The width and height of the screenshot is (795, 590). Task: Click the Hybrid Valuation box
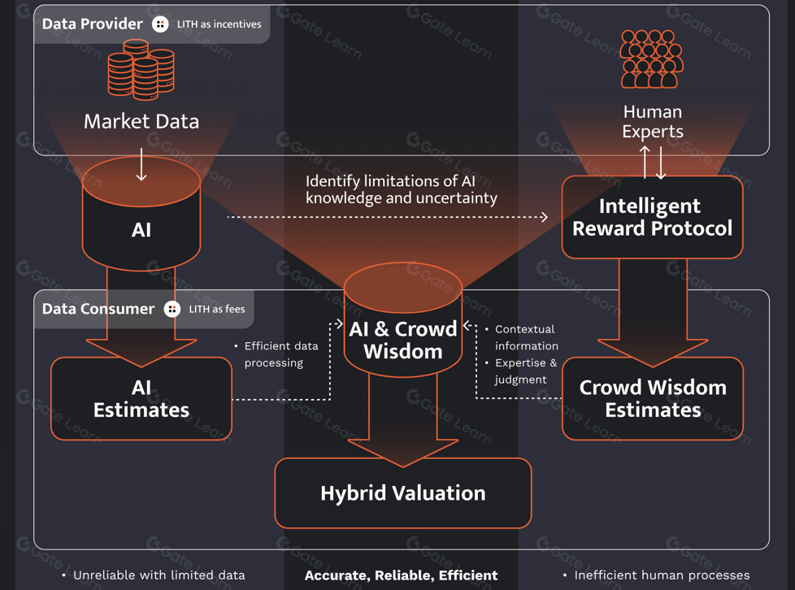pyautogui.click(x=403, y=493)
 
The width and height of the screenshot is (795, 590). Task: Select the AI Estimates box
pyautogui.click(x=141, y=398)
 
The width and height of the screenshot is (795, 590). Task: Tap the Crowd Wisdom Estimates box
pyautogui.click(x=652, y=398)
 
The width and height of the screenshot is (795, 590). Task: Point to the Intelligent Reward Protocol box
pyautogui.click(x=652, y=217)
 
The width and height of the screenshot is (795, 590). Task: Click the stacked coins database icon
pyautogui.click(x=141, y=69)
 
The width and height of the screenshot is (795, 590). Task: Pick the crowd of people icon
pyautogui.click(x=652, y=59)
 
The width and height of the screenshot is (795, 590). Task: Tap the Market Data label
pyautogui.click(x=141, y=122)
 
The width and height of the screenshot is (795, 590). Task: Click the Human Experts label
pyautogui.click(x=652, y=121)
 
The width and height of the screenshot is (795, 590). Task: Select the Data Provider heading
pyautogui.click(x=92, y=24)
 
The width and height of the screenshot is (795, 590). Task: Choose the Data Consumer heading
pyautogui.click(x=98, y=309)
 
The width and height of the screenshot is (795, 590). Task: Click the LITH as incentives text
pyautogui.click(x=219, y=24)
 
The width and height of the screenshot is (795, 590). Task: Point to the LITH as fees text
pyautogui.click(x=216, y=309)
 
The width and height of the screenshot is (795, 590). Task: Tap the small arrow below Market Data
pyautogui.click(x=141, y=165)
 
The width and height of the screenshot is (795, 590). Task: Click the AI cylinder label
pyautogui.click(x=141, y=230)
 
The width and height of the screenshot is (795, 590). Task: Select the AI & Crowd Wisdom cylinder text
pyautogui.click(x=403, y=341)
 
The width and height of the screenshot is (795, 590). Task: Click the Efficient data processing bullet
pyautogui.click(x=280, y=354)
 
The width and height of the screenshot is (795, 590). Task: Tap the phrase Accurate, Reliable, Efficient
pyautogui.click(x=401, y=575)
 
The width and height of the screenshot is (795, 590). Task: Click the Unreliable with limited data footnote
pyautogui.click(x=159, y=575)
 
